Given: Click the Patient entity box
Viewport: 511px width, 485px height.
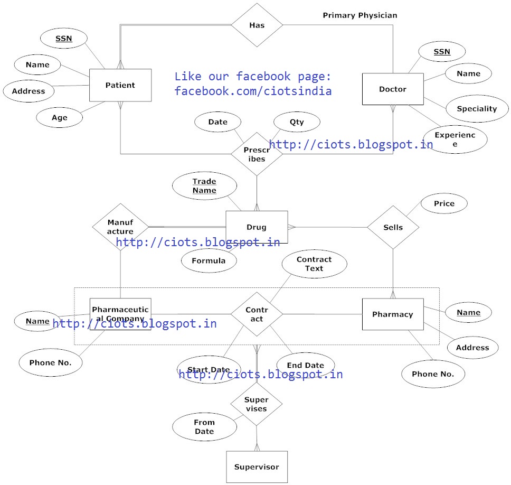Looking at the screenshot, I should pyautogui.click(x=120, y=85).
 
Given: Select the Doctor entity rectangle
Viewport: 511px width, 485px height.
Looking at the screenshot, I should pyautogui.click(x=393, y=89).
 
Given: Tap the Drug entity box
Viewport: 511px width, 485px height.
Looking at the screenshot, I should pyautogui.click(x=257, y=227).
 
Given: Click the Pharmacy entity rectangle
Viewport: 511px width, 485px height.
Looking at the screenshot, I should pyautogui.click(x=393, y=314).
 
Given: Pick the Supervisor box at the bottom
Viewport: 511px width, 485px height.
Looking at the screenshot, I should pyautogui.click(x=257, y=467).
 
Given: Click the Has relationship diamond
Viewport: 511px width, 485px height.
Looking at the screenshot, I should pyautogui.click(x=257, y=25).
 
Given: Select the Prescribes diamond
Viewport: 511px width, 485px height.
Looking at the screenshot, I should pyautogui.click(x=257, y=154).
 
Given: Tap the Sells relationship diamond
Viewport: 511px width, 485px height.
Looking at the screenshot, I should pyautogui.click(x=393, y=227).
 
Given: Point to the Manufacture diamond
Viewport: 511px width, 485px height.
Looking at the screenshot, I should pyautogui.click(x=120, y=227).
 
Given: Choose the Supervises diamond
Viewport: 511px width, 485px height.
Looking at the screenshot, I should pyautogui.click(x=257, y=404).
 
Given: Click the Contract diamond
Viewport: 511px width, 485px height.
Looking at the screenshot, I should pyautogui.click(x=257, y=314).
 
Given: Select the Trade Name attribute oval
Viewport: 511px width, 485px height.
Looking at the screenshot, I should pyautogui.click(x=204, y=185).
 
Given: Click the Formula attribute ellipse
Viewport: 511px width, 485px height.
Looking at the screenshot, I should pyautogui.click(x=209, y=260).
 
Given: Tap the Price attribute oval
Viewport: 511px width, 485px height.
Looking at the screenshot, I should pyautogui.click(x=444, y=203).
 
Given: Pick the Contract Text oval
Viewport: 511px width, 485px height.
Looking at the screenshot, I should pyautogui.click(x=314, y=264).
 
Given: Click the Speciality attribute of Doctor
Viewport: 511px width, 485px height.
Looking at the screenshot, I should pyautogui.click(x=477, y=109).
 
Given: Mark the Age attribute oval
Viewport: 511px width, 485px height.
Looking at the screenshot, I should pyautogui.click(x=60, y=117).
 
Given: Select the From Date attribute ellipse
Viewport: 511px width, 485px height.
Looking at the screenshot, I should pyautogui.click(x=204, y=426).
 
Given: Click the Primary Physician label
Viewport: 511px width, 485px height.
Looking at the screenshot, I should pyautogui.click(x=360, y=15).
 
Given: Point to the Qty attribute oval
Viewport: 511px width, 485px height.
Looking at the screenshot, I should pyautogui.click(x=297, y=122).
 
